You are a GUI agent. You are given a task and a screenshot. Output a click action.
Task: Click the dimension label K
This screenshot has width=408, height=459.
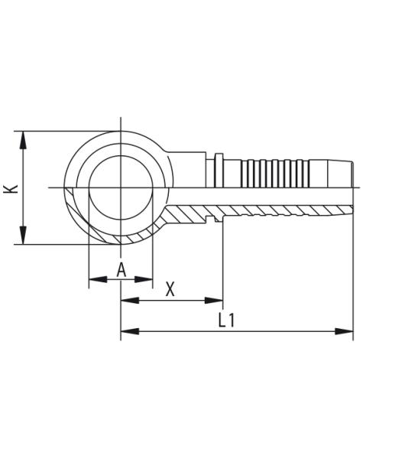[11, 187]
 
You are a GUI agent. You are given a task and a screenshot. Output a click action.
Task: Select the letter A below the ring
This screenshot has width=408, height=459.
[121, 270]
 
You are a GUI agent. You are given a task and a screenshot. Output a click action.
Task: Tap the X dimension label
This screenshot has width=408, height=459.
[170, 289]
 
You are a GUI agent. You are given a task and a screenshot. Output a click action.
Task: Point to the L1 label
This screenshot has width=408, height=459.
[226, 320]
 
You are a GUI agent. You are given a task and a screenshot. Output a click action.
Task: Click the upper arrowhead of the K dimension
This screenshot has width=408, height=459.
[24, 138]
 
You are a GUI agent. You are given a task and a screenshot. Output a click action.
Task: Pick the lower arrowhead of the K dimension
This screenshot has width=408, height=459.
[24, 237]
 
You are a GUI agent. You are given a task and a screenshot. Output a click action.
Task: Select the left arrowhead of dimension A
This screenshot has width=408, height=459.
[96, 280]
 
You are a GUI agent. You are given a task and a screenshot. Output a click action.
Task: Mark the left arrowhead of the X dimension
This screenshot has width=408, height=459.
[128, 301]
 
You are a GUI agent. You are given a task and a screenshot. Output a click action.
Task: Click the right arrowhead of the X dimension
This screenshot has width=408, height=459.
[215, 301]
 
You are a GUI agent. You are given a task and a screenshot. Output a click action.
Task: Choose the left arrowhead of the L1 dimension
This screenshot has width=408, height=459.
[128, 331]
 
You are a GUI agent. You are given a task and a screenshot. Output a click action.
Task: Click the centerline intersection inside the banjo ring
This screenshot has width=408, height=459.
[121, 187]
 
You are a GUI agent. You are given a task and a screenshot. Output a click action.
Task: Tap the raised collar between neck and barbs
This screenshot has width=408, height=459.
[219, 170]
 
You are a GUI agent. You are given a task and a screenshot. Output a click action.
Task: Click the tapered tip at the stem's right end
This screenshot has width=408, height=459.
[344, 174]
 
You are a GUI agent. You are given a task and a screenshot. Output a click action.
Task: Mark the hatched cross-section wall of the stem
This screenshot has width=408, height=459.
[275, 210]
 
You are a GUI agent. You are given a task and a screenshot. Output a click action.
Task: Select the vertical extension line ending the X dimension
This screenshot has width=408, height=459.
[223, 260]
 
